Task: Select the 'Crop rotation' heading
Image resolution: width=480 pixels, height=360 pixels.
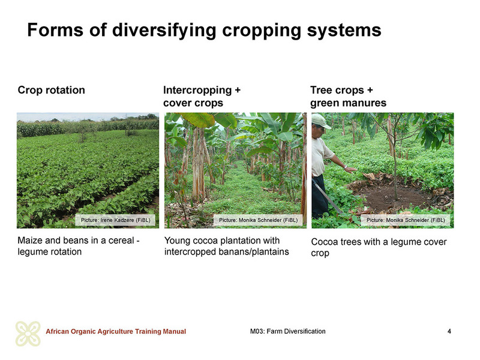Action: tap(52, 90)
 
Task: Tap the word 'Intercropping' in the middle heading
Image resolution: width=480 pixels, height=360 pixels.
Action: tap(197, 91)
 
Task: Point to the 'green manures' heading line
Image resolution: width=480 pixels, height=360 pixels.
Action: tap(349, 103)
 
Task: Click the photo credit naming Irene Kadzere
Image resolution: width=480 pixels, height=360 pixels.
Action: tap(115, 220)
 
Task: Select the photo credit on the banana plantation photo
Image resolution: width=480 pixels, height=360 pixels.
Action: tap(258, 220)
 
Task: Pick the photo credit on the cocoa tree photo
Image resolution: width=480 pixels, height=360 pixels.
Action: tap(406, 220)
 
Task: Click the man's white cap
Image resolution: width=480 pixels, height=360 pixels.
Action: tap(320, 121)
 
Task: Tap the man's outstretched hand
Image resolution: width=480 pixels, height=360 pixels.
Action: tap(350, 169)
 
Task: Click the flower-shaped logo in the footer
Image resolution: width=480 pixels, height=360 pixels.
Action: tap(28, 334)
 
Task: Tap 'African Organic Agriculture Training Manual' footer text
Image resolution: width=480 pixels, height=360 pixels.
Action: tap(116, 331)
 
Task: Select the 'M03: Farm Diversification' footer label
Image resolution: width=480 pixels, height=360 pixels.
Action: tap(288, 331)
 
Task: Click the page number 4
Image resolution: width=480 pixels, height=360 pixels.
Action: tap(449, 331)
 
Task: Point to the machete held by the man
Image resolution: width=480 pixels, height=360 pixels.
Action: tap(328, 197)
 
